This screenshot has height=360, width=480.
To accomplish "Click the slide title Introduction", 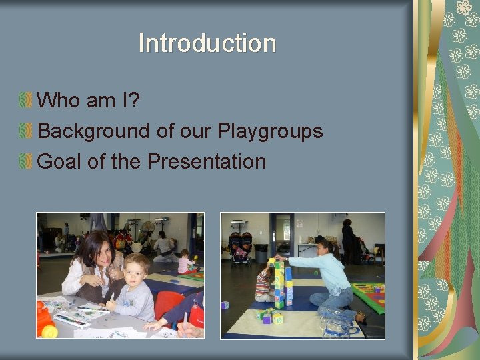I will tap(207, 44).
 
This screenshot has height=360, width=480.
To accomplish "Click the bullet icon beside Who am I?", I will tap(25, 101).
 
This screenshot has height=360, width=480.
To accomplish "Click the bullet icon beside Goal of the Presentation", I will tap(25, 161).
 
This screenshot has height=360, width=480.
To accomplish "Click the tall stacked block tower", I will tap(280, 284).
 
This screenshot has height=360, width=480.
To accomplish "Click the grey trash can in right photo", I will tap(261, 253).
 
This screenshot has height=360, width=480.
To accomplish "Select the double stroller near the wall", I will tap(240, 247).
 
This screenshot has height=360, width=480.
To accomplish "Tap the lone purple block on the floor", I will tap(225, 305).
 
